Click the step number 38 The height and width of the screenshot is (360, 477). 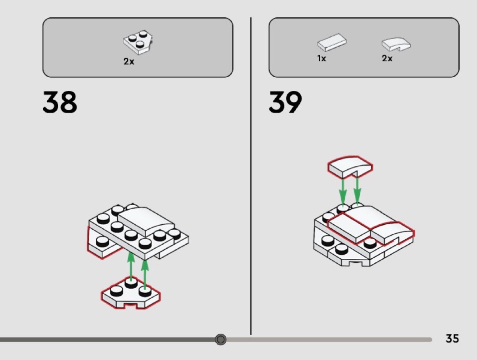[x=60, y=102]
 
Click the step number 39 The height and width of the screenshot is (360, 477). [x=285, y=102]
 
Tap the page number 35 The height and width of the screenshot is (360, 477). [x=452, y=339]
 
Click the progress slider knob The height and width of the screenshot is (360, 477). [x=221, y=339]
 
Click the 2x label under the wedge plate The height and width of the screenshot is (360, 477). [x=129, y=61]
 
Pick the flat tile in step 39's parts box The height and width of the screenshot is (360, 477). [x=331, y=43]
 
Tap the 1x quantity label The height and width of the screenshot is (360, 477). [x=322, y=59]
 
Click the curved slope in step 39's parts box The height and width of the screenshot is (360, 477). [x=396, y=44]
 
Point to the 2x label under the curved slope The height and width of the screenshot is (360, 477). [x=387, y=59]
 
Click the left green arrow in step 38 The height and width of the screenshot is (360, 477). [x=131, y=266]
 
